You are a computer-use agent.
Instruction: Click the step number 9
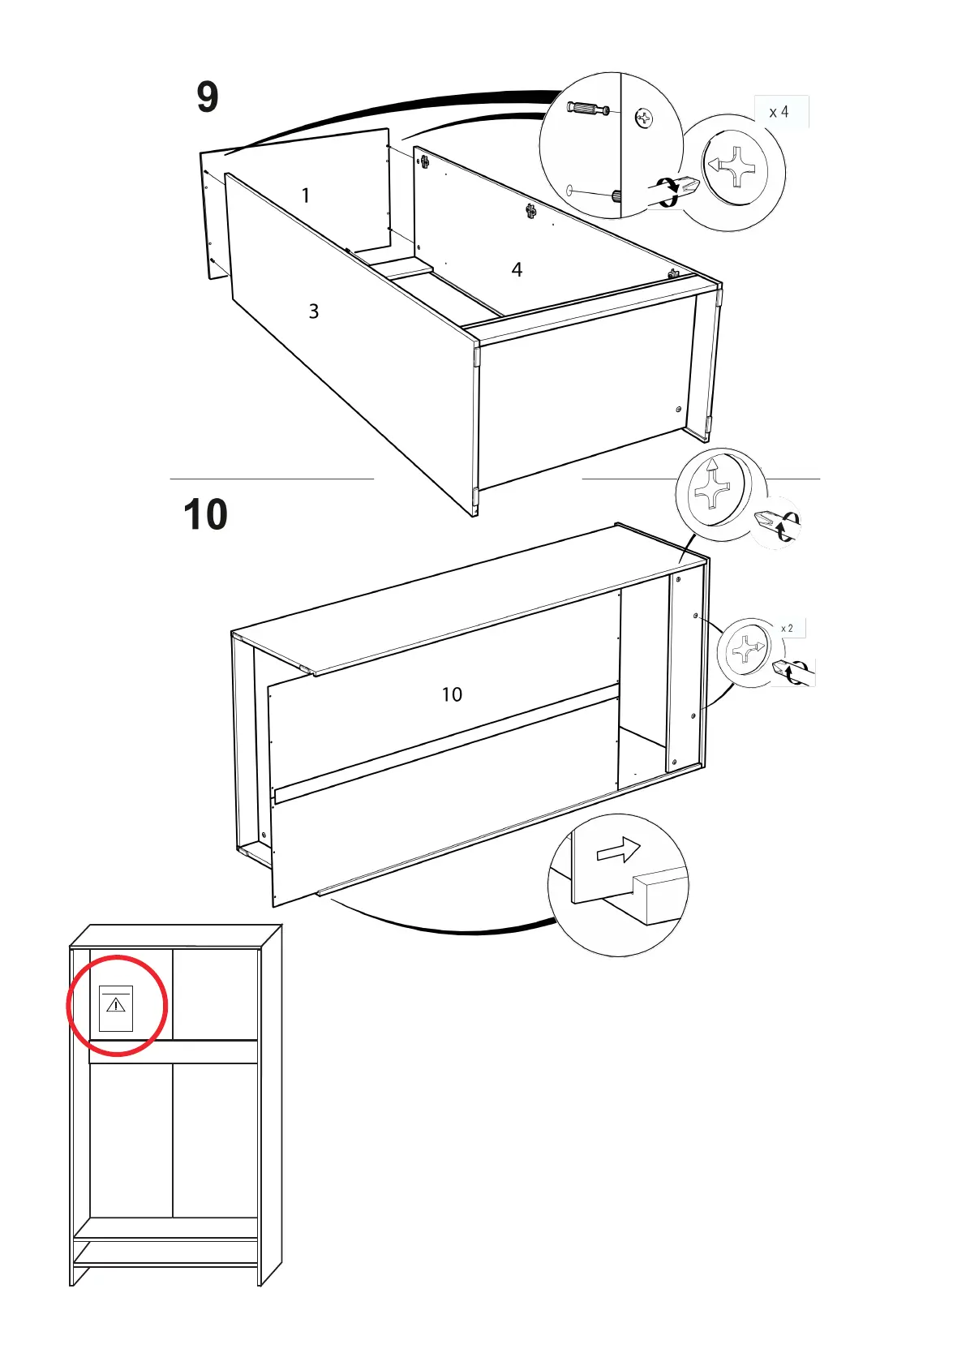coord(208,97)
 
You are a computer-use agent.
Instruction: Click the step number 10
coord(205,514)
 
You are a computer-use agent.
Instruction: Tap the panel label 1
coord(306,195)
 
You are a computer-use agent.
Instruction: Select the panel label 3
coord(314,311)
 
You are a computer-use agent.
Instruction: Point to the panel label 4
coord(517,269)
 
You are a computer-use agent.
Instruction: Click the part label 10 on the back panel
coord(452,694)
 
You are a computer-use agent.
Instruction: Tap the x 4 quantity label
coord(779,112)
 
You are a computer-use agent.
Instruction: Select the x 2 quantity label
coord(787,629)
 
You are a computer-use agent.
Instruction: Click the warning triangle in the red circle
coord(116,1006)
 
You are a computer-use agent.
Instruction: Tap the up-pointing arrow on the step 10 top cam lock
coord(711,466)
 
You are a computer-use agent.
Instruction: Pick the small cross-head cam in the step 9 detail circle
coord(644,119)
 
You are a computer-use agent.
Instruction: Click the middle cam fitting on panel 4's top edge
coord(530,212)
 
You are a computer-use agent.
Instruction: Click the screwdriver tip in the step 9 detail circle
coord(686,185)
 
